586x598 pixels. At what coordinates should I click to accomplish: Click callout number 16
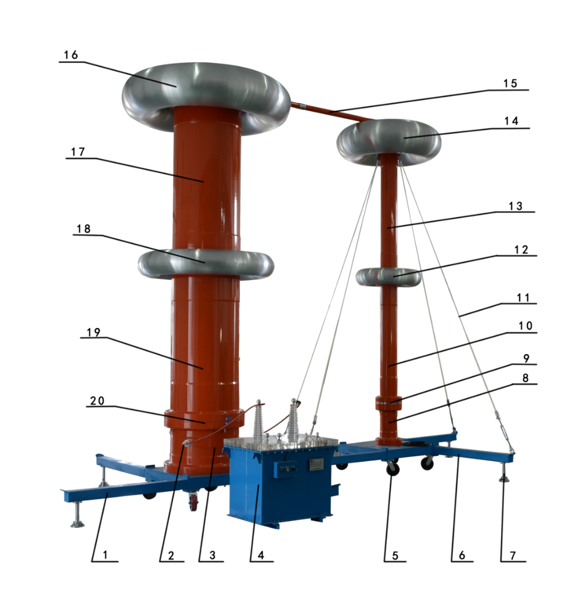[x=71, y=55]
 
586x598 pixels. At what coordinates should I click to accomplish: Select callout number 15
[x=510, y=83]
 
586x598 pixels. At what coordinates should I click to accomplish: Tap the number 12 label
[x=521, y=250]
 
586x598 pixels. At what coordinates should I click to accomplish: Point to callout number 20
[x=97, y=401]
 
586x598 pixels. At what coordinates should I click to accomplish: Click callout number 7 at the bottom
[x=513, y=555]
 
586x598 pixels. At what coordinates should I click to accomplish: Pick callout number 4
[x=261, y=555]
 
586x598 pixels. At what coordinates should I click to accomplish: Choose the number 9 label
[x=526, y=358]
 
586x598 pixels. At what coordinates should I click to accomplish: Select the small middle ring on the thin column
[x=389, y=277]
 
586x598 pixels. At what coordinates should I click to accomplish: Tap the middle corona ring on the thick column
[x=206, y=264]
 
